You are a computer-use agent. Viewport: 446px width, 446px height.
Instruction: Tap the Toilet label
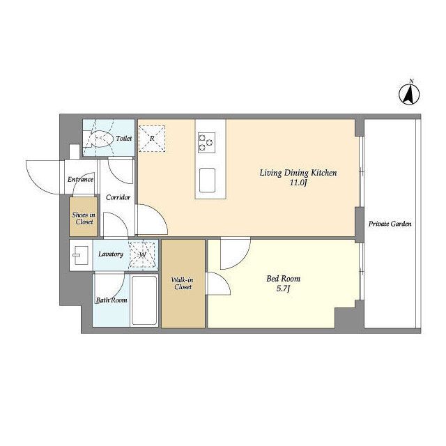(124, 138)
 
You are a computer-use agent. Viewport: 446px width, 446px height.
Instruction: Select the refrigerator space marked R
(152, 139)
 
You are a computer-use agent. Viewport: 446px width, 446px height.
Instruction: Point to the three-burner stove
(206, 143)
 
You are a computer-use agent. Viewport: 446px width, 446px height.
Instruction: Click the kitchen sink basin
(207, 180)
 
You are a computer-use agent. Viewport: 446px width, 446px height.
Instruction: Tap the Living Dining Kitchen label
(298, 173)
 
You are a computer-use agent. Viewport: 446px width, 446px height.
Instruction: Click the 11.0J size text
(298, 183)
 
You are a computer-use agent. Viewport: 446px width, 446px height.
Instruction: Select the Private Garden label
(390, 224)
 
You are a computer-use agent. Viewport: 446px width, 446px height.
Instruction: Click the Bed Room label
(284, 279)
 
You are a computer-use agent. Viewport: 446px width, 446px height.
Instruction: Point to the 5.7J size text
(283, 289)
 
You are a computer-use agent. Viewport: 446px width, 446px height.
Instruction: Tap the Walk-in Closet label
(183, 284)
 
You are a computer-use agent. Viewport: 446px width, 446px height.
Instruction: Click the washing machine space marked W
(142, 254)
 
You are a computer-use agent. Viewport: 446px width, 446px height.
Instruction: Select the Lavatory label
(111, 254)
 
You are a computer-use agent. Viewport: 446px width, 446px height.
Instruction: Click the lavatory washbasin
(81, 255)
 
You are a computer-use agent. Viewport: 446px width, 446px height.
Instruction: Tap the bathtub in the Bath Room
(144, 300)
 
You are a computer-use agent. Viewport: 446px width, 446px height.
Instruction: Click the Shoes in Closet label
(84, 218)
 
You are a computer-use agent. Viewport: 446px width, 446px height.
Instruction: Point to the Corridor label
(118, 197)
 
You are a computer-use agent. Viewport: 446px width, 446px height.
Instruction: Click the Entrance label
(81, 180)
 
